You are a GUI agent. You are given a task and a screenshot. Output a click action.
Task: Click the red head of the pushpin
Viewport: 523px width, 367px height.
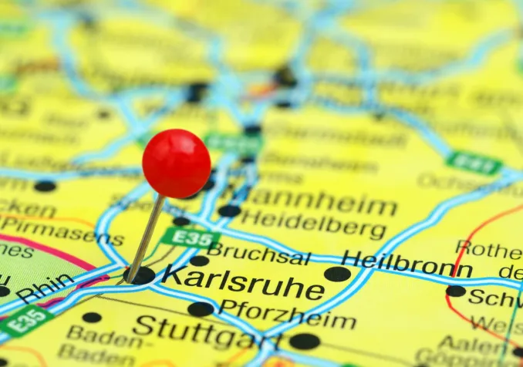(x=177, y=163)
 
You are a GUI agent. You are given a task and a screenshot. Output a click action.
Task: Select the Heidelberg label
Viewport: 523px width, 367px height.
(x=312, y=224)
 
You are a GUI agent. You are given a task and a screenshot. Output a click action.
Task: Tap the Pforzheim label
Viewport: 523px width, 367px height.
(x=286, y=315)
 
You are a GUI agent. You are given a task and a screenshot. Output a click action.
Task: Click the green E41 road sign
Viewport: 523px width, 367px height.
(x=474, y=163)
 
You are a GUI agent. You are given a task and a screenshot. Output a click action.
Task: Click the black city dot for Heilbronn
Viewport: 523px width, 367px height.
(x=337, y=274)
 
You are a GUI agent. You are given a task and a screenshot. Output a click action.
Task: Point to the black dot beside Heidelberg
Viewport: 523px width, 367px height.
(x=229, y=210)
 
